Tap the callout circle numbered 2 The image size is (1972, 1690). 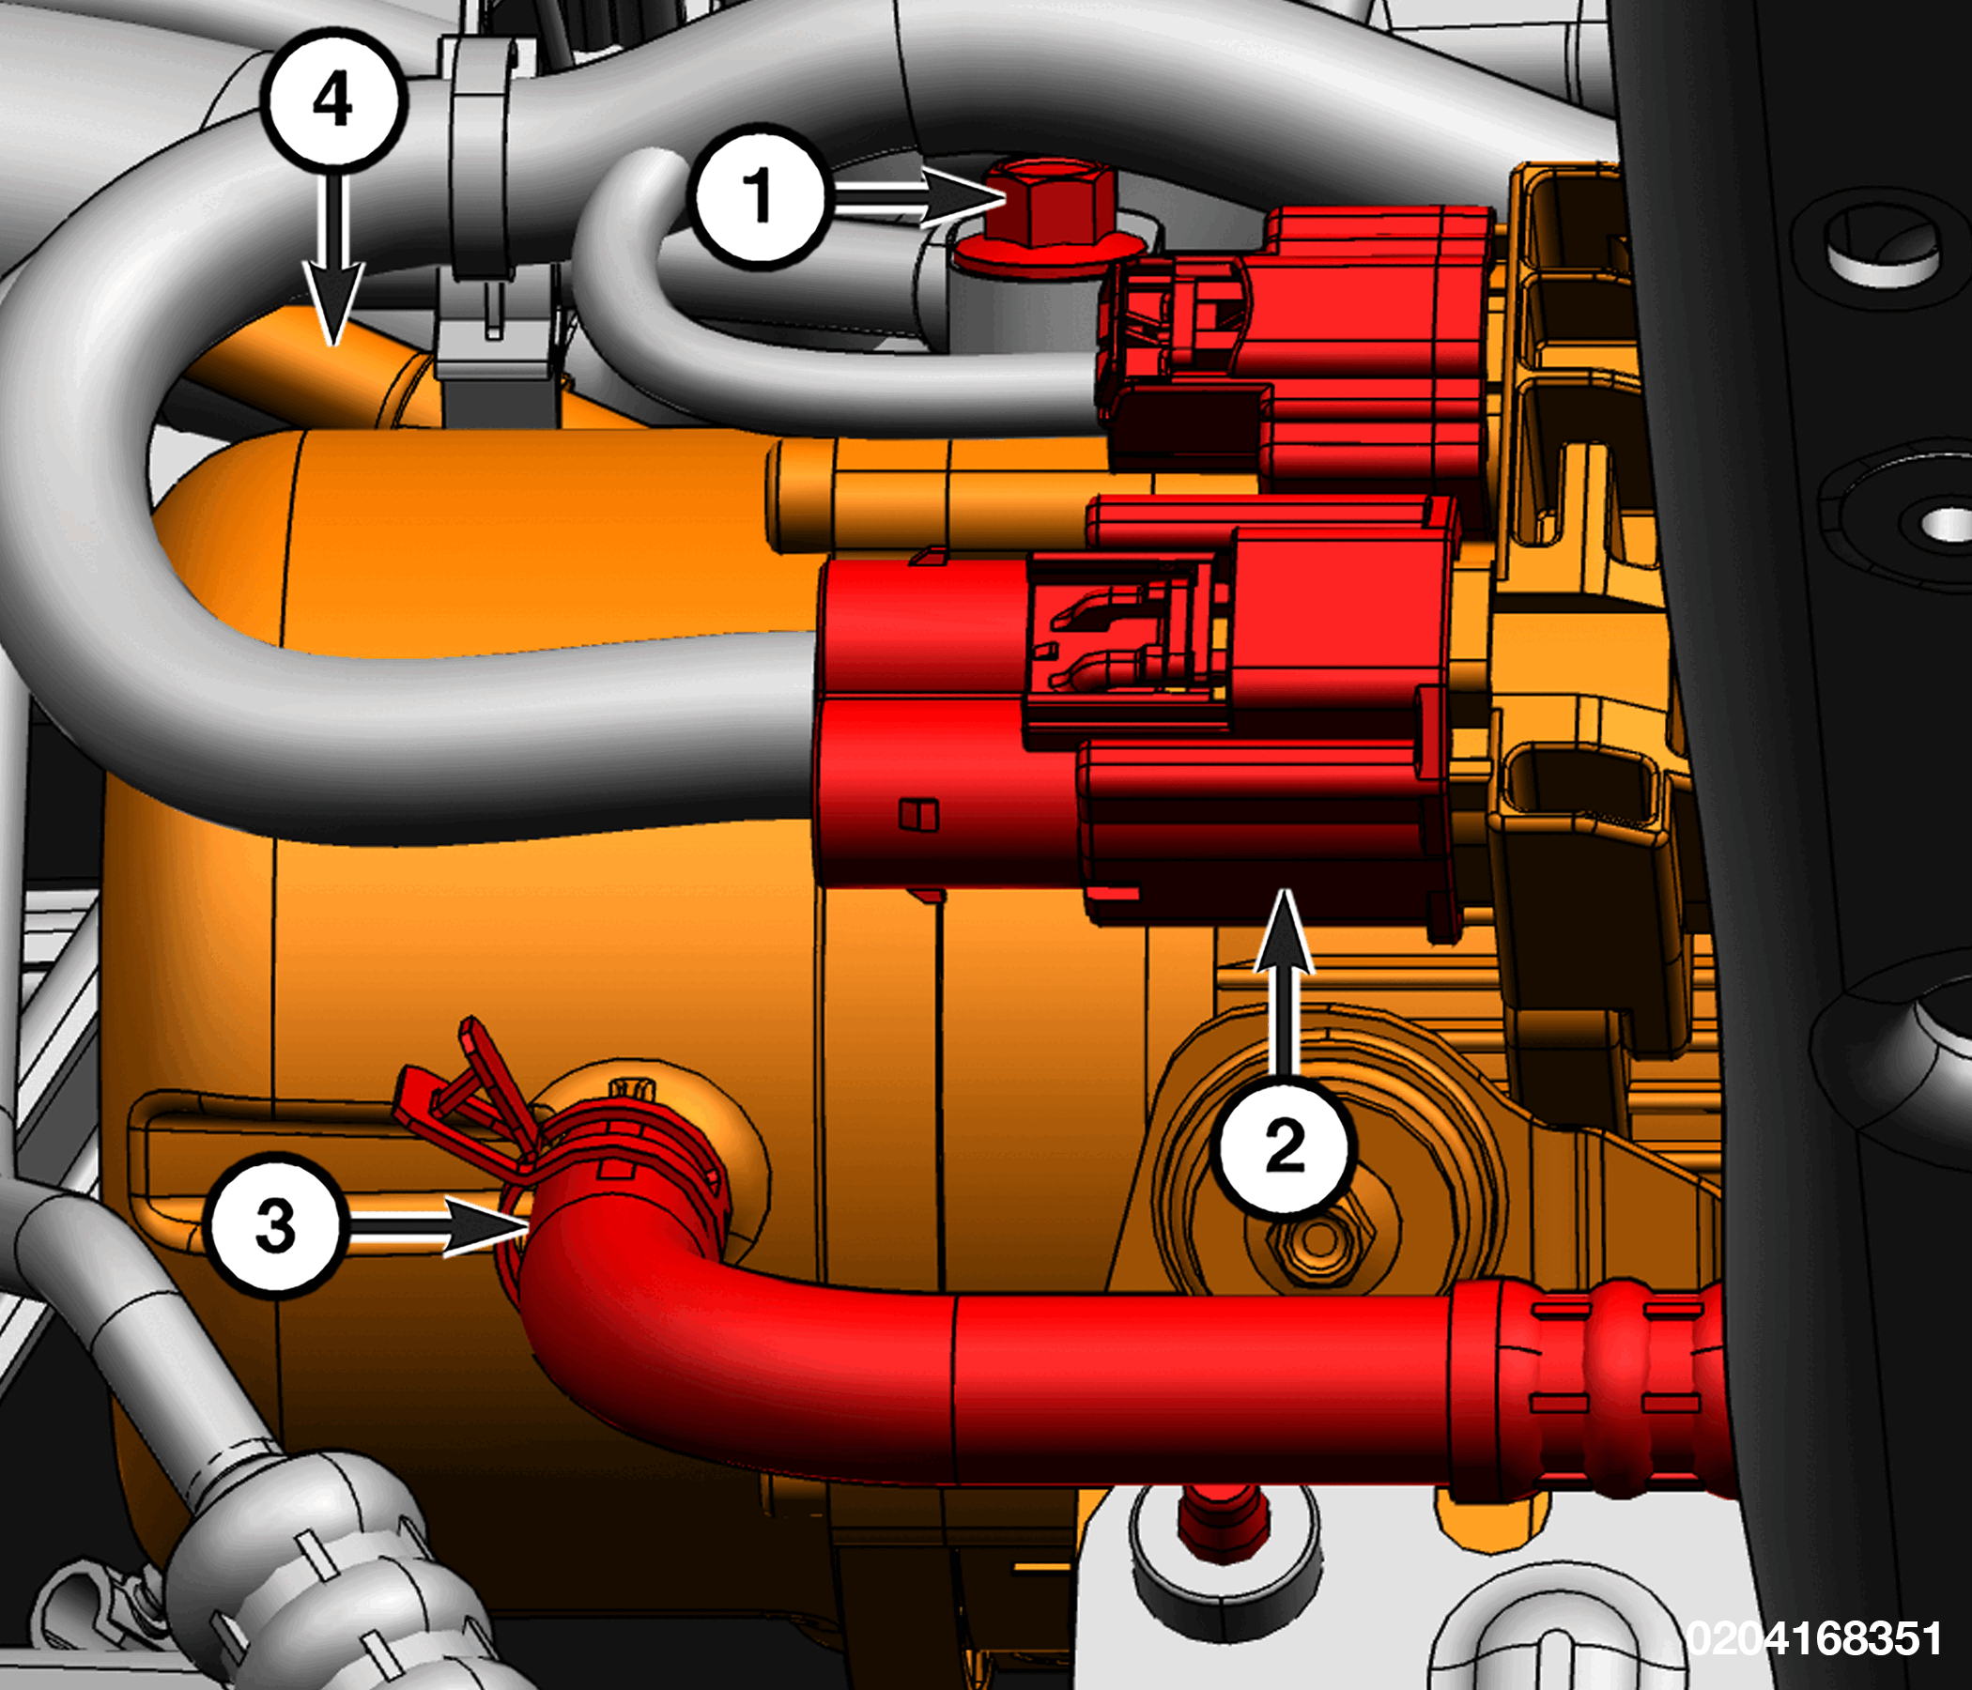coord(1285,1145)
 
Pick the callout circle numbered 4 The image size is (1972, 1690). coord(333,99)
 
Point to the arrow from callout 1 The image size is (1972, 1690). coord(918,198)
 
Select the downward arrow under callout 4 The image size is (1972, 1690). coord(333,257)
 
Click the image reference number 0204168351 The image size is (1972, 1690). coord(1813,1638)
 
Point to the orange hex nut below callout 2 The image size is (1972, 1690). coord(1319,1239)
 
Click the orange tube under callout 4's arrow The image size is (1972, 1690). coord(314,366)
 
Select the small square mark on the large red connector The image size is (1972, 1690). coord(918,814)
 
